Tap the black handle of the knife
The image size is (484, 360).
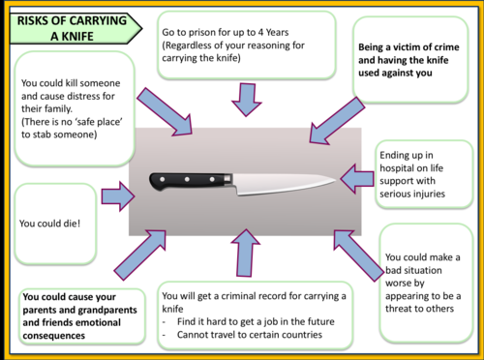[190, 180]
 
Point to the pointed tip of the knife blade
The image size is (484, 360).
[336, 178]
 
